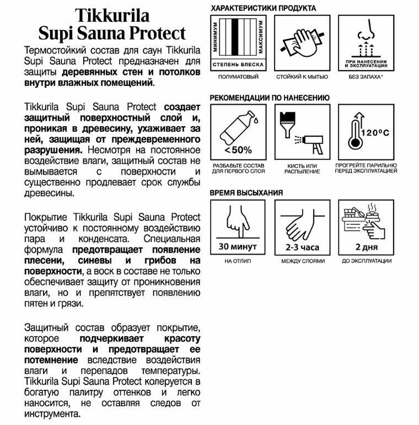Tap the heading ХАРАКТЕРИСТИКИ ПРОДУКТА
(264, 8)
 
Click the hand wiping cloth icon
(302, 41)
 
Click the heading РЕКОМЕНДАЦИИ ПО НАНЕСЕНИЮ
(270, 98)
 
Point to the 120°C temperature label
(375, 133)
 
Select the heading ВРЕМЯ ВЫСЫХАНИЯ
(246, 192)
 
